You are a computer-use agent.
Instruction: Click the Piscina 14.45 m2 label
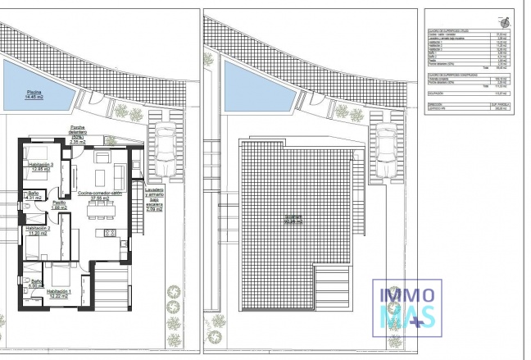(x=35, y=94)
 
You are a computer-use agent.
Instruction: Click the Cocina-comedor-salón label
(x=100, y=195)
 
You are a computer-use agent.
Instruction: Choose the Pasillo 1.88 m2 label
(x=59, y=205)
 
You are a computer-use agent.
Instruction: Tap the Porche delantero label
(x=78, y=134)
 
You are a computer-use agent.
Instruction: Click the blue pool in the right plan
(x=257, y=89)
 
